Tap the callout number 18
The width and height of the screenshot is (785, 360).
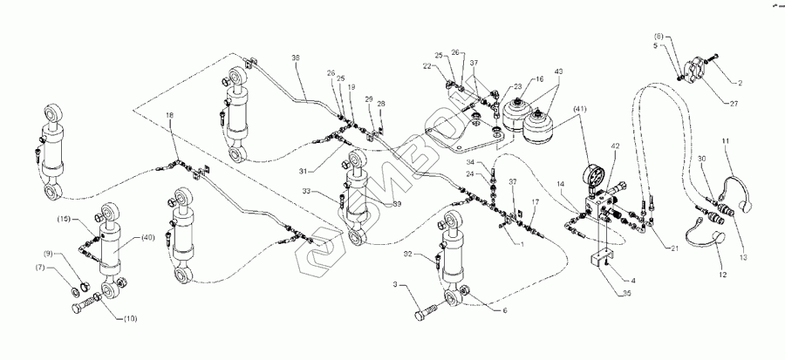tap(169, 115)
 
